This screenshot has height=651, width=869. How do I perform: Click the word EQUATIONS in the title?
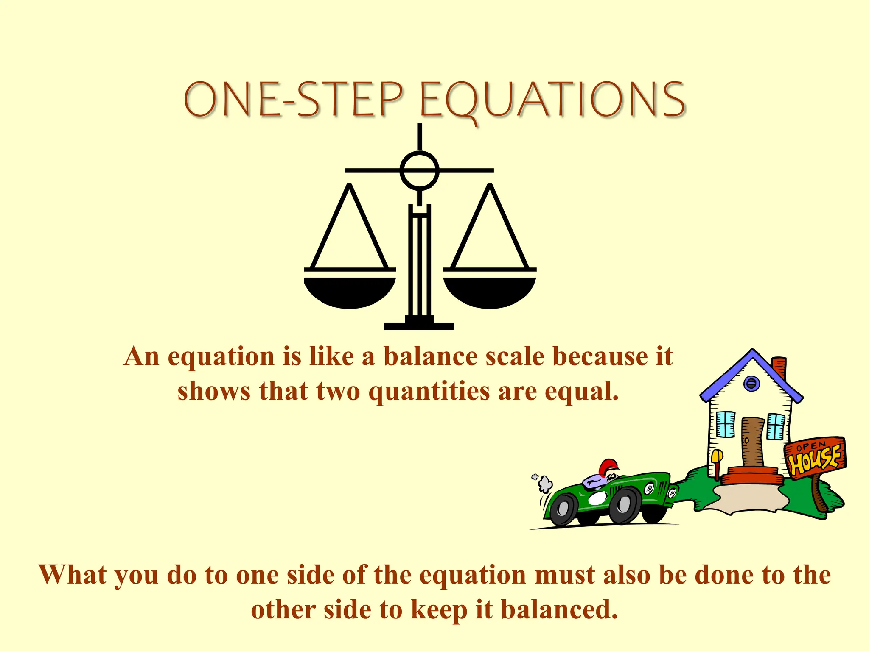tap(552, 100)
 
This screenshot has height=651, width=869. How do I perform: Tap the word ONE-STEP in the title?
tap(293, 100)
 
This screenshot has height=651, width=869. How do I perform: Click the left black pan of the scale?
tap(350, 292)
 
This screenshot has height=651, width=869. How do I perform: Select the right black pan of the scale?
tap(489, 292)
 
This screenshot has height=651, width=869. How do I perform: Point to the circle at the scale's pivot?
tap(419, 170)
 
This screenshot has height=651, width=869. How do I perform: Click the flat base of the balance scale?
tap(419, 325)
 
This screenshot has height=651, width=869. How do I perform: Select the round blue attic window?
tap(751, 384)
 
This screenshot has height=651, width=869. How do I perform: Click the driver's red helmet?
tap(608, 467)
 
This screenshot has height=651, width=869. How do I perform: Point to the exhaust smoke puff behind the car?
tap(544, 483)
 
